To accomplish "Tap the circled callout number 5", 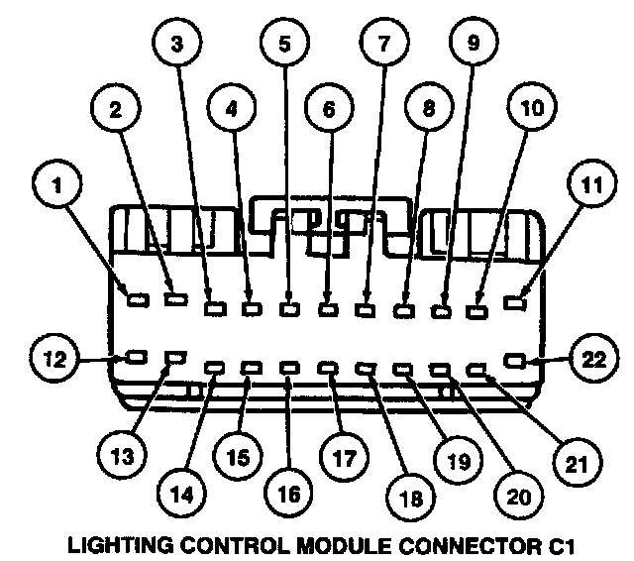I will [283, 44].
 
